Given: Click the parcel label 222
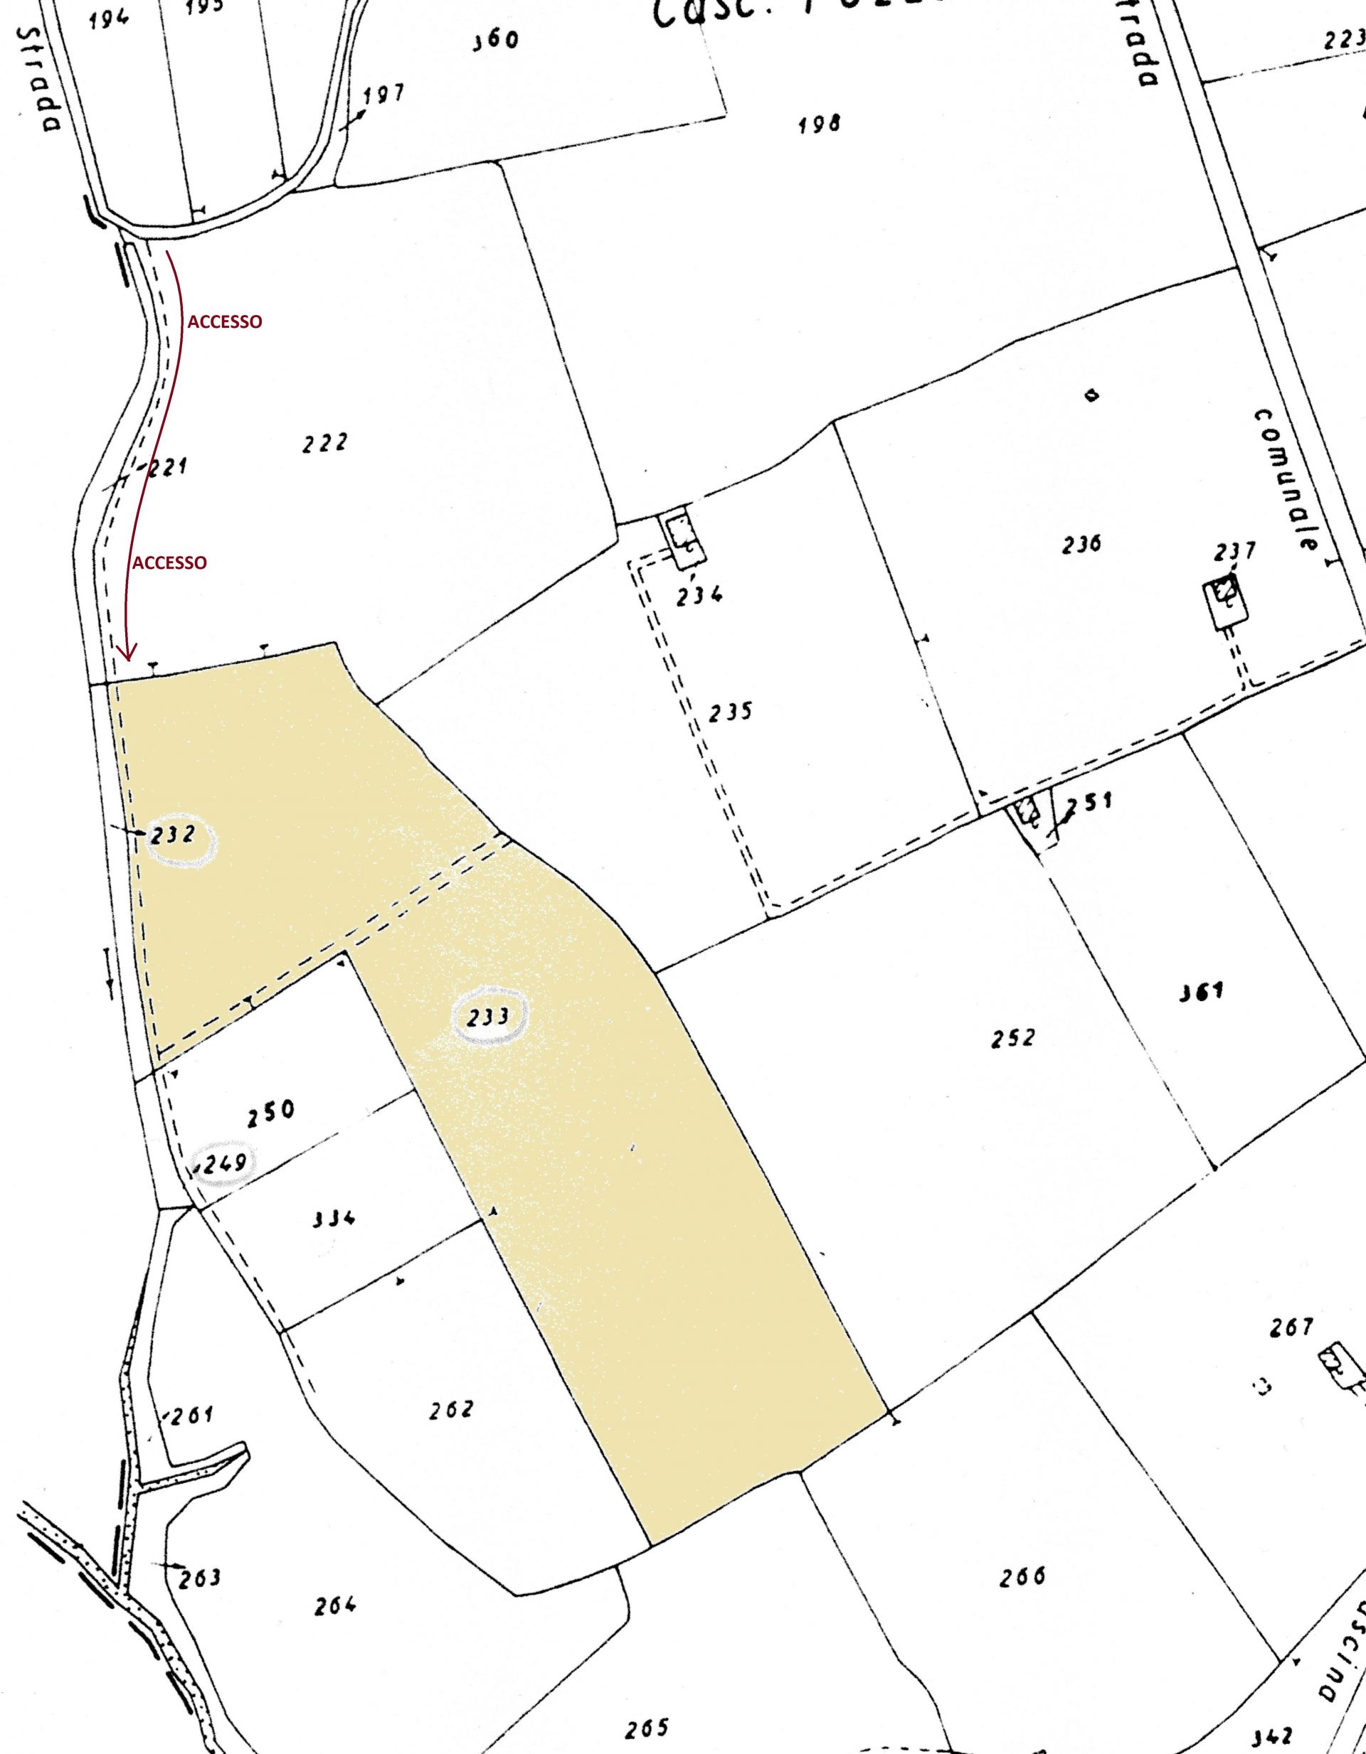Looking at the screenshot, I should pos(325,444).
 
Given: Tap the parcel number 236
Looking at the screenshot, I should pos(1081,545).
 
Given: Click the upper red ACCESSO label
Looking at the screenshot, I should pos(225,322).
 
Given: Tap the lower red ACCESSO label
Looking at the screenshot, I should pos(169,563).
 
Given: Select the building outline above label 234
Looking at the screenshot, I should pos(684,534).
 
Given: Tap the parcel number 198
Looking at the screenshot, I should pos(820,124).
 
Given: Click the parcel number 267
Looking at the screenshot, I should pos(1291,1327).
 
